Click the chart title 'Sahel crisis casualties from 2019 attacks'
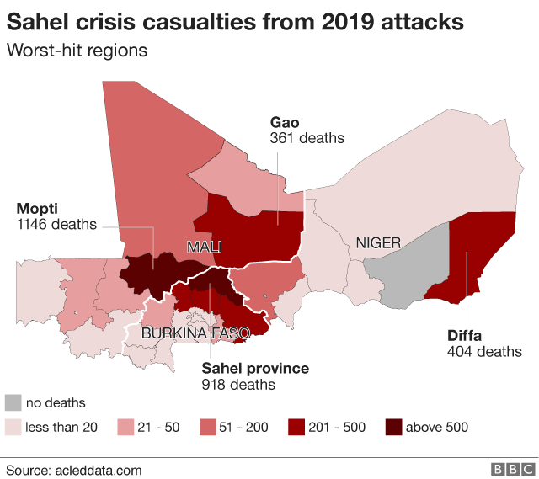point(236,21)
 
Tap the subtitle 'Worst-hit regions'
point(77,51)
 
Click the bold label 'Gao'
point(285,122)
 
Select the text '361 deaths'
point(307,138)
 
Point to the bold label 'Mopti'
point(39,208)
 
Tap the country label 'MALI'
point(205,247)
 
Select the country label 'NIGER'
point(378,243)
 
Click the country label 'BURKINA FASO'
point(195,333)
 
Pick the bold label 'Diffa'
point(465,335)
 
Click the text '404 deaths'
point(484,351)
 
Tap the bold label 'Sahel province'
point(255,369)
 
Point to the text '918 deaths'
point(238,385)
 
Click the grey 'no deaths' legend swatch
point(13,402)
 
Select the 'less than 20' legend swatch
point(13,427)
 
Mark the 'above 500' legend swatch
point(393,427)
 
